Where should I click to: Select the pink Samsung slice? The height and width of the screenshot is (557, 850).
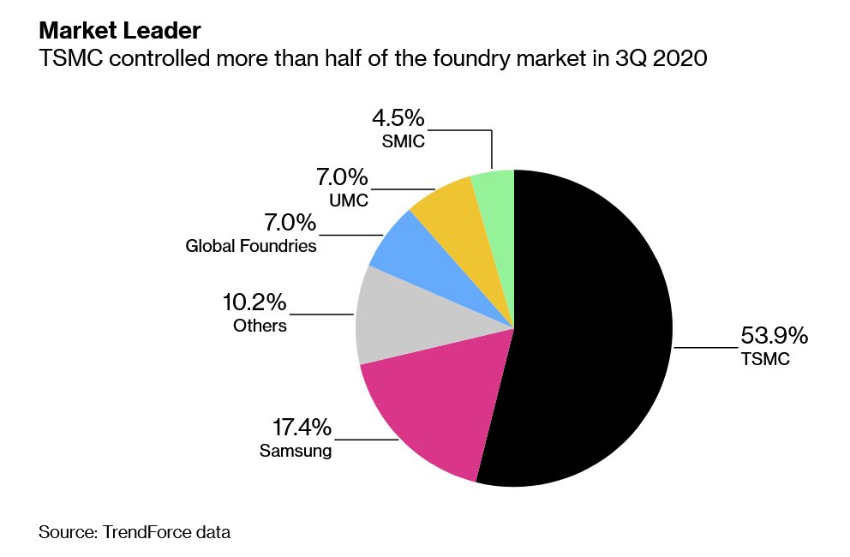click(428, 411)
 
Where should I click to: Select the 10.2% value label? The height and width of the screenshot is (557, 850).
click(254, 302)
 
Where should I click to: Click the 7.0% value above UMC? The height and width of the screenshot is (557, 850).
click(342, 177)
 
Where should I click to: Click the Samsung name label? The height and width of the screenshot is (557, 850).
click(296, 450)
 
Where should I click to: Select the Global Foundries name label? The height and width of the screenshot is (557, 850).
click(251, 247)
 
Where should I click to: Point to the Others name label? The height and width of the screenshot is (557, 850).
click(260, 326)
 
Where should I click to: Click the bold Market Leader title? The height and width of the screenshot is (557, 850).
click(119, 31)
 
